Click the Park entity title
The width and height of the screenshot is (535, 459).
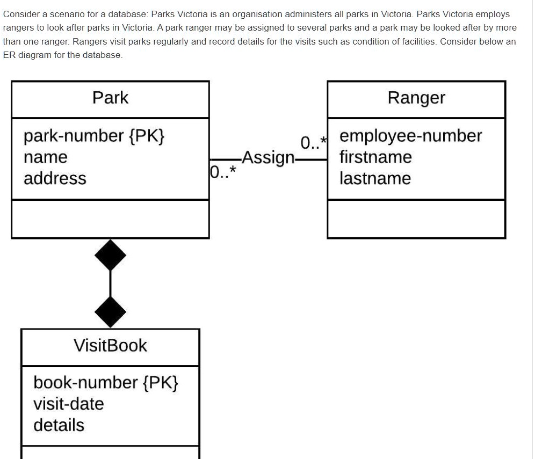(x=110, y=98)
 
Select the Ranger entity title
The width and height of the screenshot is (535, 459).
(x=416, y=98)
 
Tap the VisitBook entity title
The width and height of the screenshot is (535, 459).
(x=110, y=345)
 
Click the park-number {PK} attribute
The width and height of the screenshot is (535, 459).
(x=94, y=136)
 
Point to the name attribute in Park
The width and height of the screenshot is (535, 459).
(x=46, y=157)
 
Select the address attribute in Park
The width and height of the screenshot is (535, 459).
(x=55, y=178)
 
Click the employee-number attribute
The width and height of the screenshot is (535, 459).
(x=411, y=136)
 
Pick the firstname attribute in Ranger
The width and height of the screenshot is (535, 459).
(x=375, y=157)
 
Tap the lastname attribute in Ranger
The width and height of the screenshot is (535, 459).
(x=375, y=178)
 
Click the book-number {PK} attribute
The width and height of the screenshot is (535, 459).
(x=106, y=382)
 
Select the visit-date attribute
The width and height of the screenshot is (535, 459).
(x=69, y=404)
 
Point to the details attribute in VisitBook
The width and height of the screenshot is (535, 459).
(x=59, y=425)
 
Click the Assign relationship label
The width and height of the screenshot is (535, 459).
(x=268, y=158)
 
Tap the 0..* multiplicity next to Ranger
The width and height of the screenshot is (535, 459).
(x=313, y=142)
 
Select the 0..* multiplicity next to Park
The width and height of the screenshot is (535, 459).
(x=222, y=172)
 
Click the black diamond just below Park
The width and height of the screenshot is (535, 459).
(x=110, y=256)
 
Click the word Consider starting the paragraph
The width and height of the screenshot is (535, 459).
(x=22, y=14)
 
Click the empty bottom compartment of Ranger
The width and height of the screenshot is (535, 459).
(x=416, y=219)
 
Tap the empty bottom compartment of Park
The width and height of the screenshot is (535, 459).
(x=110, y=219)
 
